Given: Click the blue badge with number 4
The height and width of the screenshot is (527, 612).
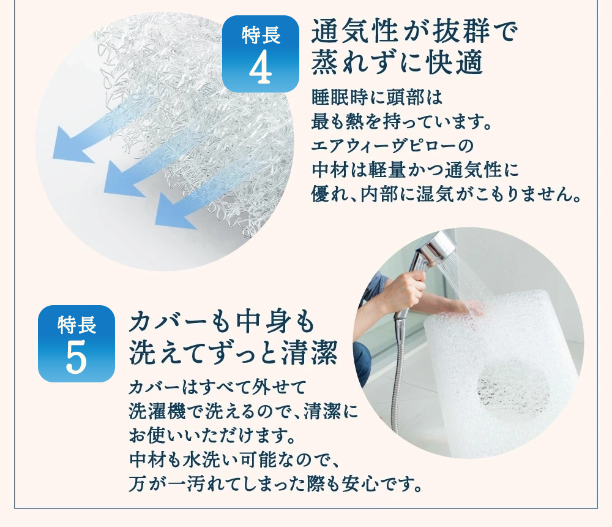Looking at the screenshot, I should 260,54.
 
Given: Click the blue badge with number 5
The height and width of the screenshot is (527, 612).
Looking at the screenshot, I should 76,343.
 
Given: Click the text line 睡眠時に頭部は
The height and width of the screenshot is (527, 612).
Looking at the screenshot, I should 376,98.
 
